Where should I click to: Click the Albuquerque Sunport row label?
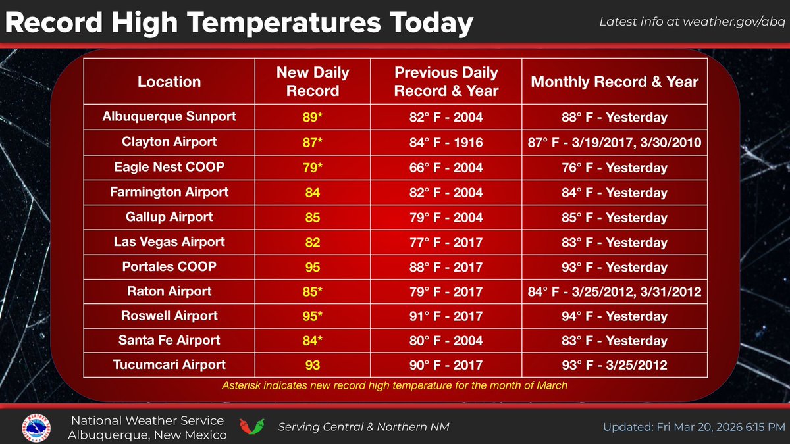[169, 117]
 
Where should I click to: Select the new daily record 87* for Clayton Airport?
[313, 142]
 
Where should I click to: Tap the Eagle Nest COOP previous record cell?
[446, 167]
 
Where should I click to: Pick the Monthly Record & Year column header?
[614, 82]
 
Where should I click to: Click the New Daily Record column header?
[313, 82]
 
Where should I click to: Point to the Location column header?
[169, 82]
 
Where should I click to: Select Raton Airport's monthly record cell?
[614, 291]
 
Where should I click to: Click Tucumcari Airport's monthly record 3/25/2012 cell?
[614, 365]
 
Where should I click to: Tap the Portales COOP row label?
[169, 266]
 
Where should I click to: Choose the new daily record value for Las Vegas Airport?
[313, 242]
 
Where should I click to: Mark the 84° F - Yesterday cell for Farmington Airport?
[614, 193]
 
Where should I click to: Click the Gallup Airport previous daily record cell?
[446, 217]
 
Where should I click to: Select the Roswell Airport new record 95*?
[313, 316]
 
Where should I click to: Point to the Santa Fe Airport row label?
[169, 340]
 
